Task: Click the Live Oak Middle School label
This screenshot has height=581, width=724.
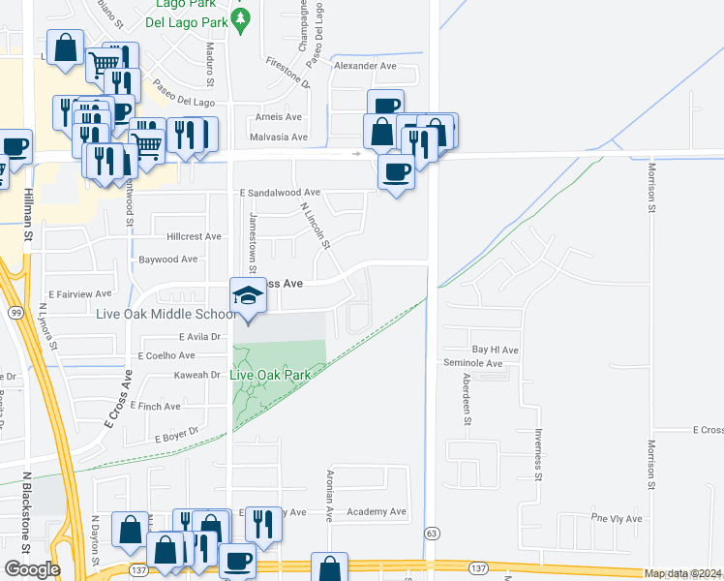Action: coord(166,314)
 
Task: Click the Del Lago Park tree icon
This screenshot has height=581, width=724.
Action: coord(242,17)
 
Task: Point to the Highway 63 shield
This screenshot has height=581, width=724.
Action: coord(432,534)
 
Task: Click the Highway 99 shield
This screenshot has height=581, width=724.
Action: coord(15,313)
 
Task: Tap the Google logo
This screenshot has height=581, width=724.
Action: coord(31,569)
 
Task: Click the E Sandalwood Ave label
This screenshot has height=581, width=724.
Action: coord(280,193)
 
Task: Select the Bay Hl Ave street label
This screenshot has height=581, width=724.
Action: coord(496,350)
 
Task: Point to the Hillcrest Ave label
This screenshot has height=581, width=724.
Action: coord(194,236)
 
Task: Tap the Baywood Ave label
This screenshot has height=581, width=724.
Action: coord(167,260)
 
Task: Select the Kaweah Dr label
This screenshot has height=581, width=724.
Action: coord(197,375)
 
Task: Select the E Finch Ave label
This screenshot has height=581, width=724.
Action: coord(155,407)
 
